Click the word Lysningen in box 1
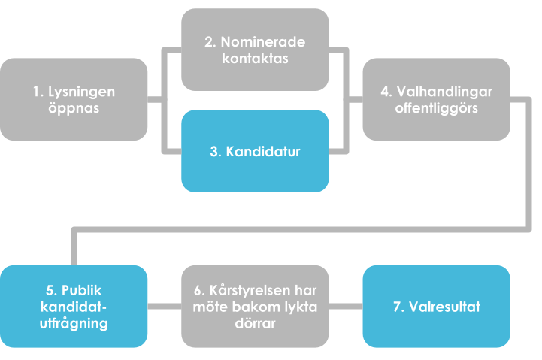[81, 92]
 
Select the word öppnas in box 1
[74, 108]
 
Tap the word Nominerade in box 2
[262, 42]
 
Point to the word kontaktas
[255, 59]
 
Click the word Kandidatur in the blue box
[263, 152]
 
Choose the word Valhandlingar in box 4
[444, 92]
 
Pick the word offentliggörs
[437, 108]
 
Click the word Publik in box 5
[82, 291]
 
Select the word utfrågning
[74, 324]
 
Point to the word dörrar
[255, 324]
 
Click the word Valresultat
[444, 307]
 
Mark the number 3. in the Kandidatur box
[216, 152]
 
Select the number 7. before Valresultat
[399, 307]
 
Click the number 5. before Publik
[52, 291]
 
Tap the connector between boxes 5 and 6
[165, 307]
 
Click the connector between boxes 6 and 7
[346, 307]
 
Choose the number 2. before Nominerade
[210, 42]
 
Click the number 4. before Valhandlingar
[386, 92]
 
